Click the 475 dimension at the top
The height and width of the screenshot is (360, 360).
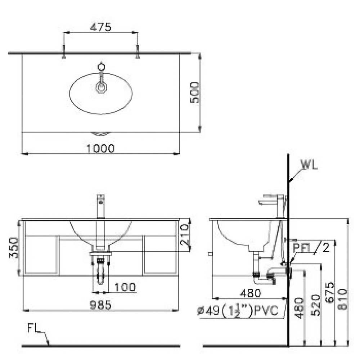[100, 27]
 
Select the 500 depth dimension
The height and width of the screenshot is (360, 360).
[195, 93]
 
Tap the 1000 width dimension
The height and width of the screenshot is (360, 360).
[100, 149]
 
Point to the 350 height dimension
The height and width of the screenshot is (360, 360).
[14, 248]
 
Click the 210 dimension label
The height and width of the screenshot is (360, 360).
[185, 235]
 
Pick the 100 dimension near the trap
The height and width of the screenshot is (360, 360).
[125, 287]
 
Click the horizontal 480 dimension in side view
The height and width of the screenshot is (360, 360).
[251, 293]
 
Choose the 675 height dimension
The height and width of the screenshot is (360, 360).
[330, 292]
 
